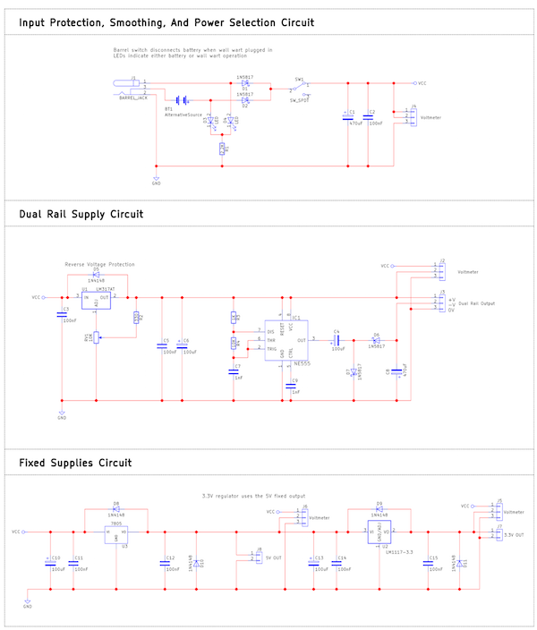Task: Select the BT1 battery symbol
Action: click(182, 100)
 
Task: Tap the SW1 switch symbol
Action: click(300, 85)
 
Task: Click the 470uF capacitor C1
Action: click(347, 116)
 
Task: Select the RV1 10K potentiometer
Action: click(95, 337)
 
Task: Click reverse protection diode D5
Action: click(96, 275)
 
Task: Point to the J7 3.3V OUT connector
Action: click(498, 533)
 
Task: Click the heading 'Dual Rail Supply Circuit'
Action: click(81, 215)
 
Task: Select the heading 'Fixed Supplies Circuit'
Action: click(75, 463)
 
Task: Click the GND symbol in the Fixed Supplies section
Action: click(28, 602)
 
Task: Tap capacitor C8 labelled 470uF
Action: click(396, 370)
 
